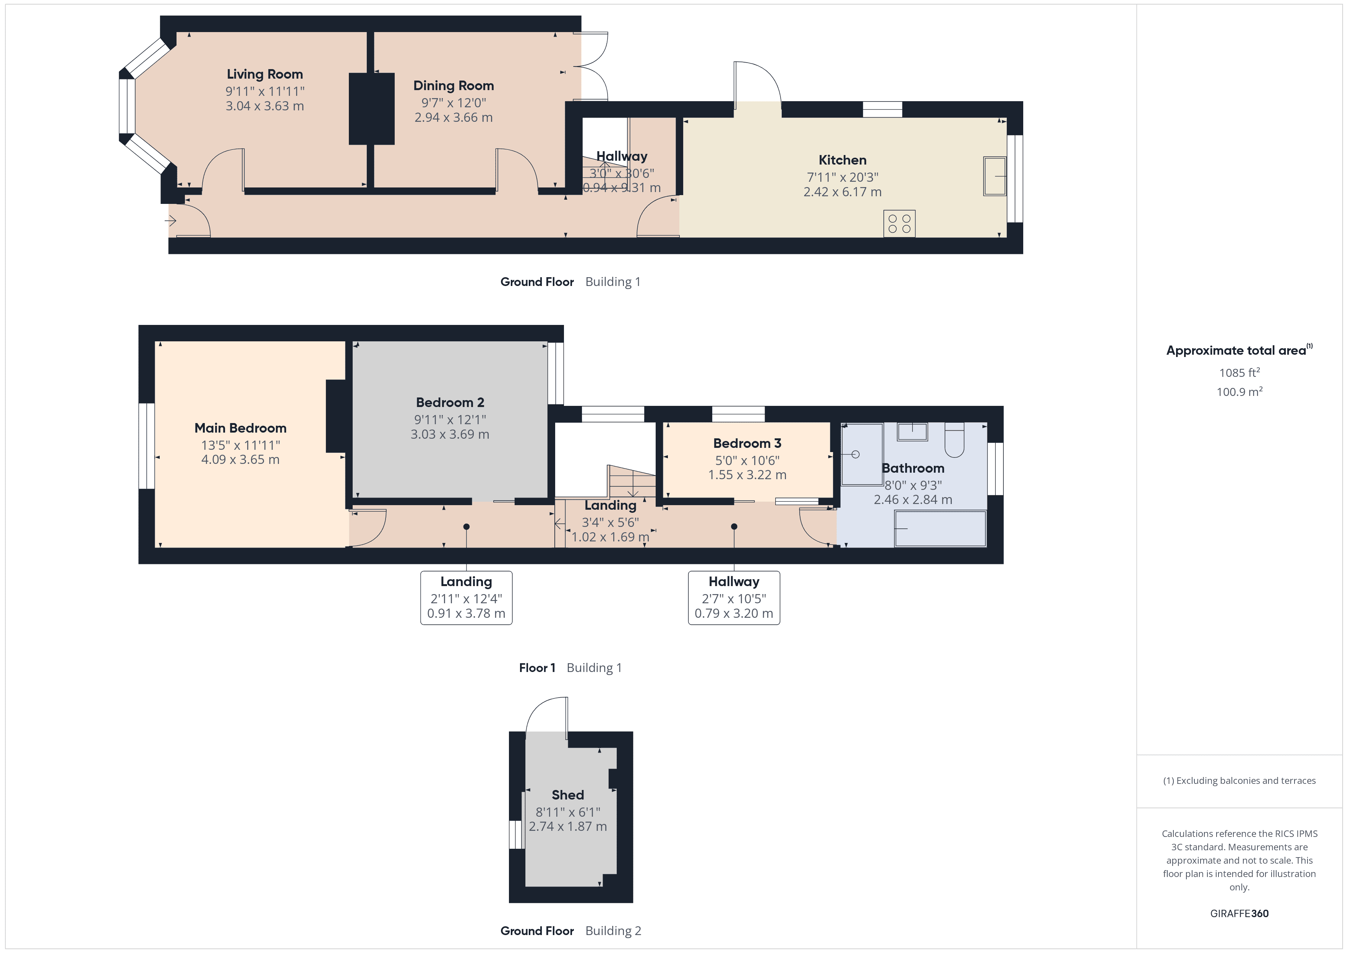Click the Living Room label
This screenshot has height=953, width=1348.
point(265,74)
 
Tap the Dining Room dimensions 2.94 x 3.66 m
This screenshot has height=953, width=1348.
point(453,117)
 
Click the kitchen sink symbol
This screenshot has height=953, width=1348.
point(995,176)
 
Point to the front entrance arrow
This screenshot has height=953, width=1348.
point(170,221)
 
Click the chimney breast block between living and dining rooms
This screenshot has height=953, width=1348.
point(372,108)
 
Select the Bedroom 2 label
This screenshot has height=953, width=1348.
point(450,402)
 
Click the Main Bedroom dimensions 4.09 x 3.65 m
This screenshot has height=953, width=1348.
point(240,459)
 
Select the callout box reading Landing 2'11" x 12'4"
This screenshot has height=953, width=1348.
point(466,598)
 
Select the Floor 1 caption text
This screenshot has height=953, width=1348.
point(536,668)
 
